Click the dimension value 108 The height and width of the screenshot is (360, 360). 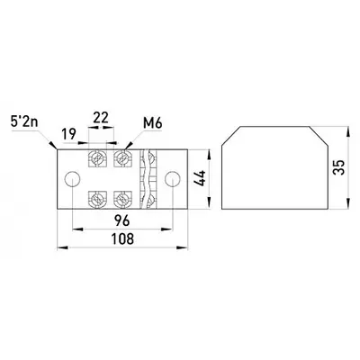122,239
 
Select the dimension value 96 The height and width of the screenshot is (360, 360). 122,220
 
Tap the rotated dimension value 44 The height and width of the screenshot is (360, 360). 200,178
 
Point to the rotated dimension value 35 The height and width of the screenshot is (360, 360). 338,167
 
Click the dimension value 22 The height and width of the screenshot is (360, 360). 101,118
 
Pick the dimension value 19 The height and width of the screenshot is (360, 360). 69,133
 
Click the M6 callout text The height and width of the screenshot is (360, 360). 152,123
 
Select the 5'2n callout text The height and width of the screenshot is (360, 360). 24,123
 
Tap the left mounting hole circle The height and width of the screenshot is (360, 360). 73,179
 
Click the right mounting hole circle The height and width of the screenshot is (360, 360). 173,179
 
